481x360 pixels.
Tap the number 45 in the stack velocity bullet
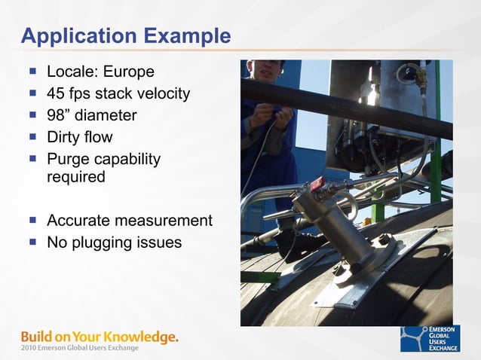tap(57, 94)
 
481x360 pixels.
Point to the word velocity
tap(164, 94)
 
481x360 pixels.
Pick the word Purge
tap(67, 159)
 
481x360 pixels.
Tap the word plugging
tap(101, 243)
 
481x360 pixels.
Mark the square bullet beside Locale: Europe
tap(33, 72)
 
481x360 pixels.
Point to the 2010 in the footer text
tap(29, 348)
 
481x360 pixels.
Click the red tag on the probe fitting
tap(315, 182)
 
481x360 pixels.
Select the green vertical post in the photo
tap(436, 136)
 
